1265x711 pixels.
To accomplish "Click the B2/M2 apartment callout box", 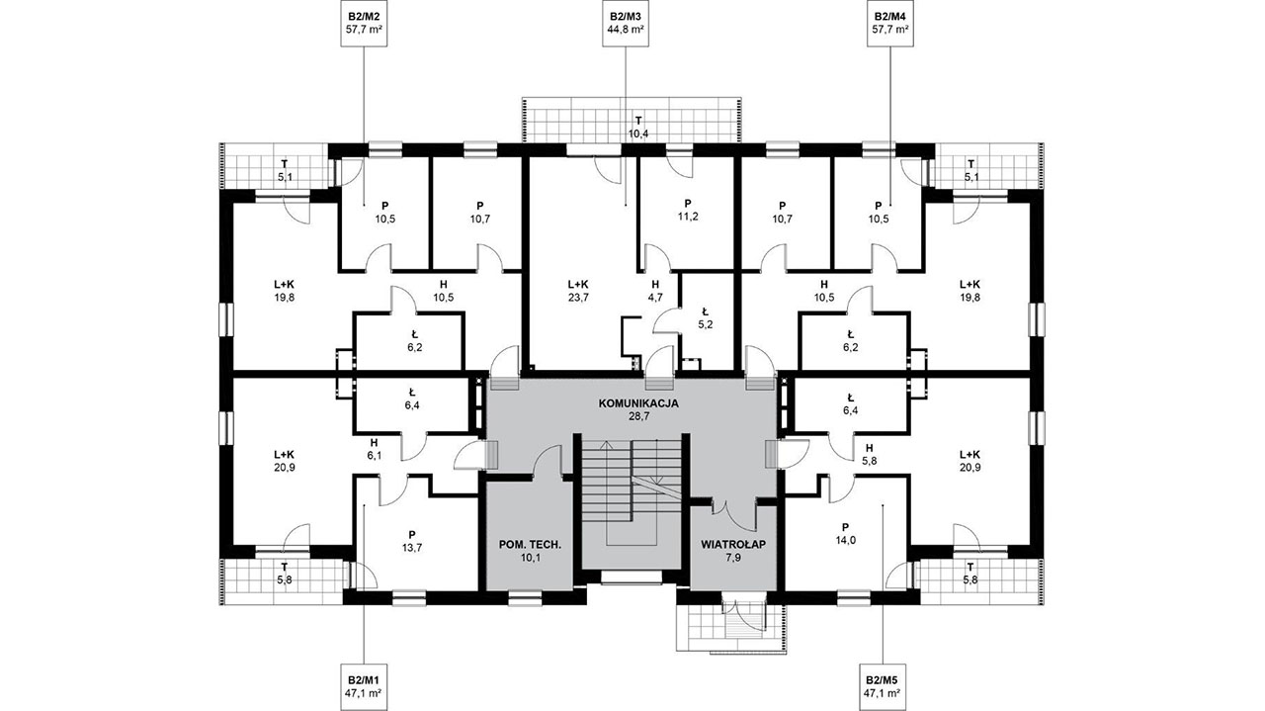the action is point(367,23).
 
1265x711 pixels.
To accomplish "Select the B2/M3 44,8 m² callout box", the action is point(626,23).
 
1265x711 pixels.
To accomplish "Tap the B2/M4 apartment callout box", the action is point(890,23).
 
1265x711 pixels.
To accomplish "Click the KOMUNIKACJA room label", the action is point(638,404).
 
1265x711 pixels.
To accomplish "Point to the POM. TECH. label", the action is point(530,545).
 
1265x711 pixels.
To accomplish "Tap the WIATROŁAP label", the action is point(733,545).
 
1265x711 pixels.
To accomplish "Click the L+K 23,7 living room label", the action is point(578,291).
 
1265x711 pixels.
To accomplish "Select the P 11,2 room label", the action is point(688,210).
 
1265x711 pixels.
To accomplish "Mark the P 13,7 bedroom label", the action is point(412,541).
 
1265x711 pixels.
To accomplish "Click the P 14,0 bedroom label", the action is point(845,534).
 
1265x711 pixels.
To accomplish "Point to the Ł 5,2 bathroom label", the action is point(706,318).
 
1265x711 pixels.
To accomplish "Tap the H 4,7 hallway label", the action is point(655,291).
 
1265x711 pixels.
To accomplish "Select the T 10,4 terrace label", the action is point(638,128).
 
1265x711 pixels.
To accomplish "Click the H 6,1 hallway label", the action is point(375,448).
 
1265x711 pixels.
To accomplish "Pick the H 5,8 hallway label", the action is point(869,455).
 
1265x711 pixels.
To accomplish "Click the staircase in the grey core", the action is point(631,492).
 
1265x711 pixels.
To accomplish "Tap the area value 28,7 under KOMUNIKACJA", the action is point(638,417).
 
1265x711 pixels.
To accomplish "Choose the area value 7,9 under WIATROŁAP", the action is point(733,558).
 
